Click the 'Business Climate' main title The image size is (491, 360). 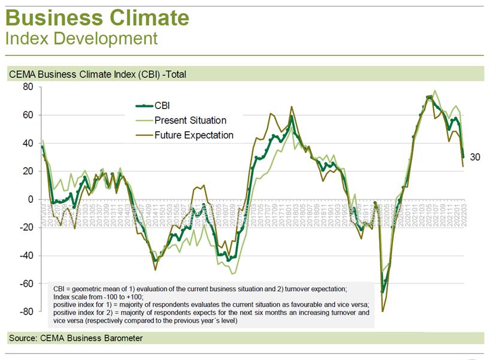97,17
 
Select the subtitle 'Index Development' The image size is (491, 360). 81,39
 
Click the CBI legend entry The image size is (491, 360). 162,106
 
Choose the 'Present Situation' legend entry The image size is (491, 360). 190,120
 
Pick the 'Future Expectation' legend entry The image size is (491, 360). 193,135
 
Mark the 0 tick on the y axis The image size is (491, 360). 29,199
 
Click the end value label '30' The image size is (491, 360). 475,158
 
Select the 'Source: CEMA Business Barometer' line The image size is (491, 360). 75,338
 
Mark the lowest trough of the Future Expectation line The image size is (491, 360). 382,311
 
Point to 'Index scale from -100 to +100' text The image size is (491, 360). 104,297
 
